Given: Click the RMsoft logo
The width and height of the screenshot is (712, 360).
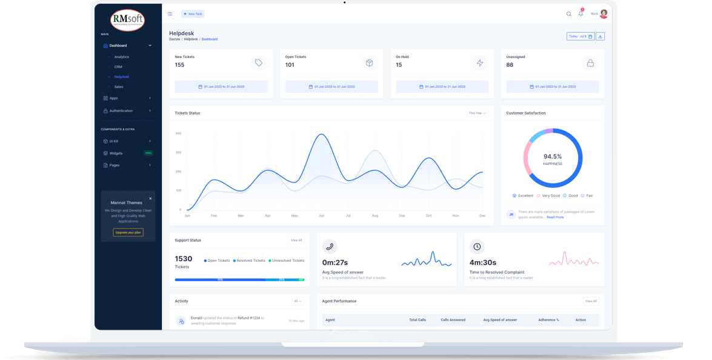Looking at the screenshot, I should click(128, 19).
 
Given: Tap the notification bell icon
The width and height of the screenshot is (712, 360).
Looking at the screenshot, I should click(581, 14).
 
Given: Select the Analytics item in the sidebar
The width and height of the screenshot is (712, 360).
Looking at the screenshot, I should click(121, 57).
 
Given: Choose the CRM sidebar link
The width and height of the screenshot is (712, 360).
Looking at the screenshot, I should click(118, 67).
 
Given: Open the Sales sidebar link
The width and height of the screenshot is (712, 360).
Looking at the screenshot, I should click(119, 87).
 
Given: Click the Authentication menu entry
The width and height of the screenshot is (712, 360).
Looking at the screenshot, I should click(121, 111).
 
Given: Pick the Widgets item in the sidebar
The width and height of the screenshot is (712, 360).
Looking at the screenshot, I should click(116, 153).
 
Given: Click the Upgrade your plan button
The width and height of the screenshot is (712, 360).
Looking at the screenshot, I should click(128, 232).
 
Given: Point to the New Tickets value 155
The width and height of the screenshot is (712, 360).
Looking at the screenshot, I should click(179, 65).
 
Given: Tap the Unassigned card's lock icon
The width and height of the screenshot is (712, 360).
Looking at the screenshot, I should click(590, 63).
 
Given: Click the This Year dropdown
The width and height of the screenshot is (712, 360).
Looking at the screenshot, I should click(477, 113).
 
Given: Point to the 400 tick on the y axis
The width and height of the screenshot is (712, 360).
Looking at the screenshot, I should click(178, 133).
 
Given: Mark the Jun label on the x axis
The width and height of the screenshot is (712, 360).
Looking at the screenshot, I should click(321, 216).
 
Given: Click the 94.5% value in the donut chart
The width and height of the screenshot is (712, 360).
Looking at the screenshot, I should click(552, 156).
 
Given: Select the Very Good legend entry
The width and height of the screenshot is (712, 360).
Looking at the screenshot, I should click(548, 196).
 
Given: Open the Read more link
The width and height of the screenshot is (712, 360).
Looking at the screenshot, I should click(555, 217).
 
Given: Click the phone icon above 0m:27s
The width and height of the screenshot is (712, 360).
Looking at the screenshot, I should click(330, 247).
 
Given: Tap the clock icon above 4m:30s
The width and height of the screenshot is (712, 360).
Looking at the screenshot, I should click(477, 247).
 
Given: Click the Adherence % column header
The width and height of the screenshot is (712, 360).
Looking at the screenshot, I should click(548, 319).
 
